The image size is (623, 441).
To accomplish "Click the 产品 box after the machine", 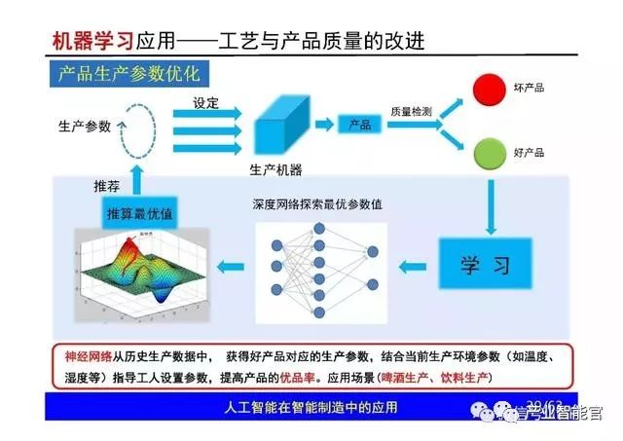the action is click(360, 125).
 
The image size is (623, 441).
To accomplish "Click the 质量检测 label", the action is click(411, 111).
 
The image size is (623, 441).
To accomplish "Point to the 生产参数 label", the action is click(85, 127).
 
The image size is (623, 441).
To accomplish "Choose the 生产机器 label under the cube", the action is click(275, 168).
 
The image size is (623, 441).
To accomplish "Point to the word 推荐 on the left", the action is click(107, 185).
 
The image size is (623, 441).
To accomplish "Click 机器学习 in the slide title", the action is click(91, 40).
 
